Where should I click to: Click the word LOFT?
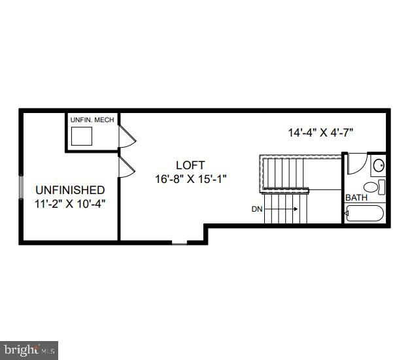pos(190,165)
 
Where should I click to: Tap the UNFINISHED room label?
pos(69,189)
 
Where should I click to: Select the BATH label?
pos(356,197)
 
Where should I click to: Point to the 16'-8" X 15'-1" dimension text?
pos(190,178)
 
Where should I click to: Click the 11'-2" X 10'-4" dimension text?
pos(69,203)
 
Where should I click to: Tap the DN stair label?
pos(258,209)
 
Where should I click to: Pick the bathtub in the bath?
pos(365,214)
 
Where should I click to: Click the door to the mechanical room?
pos(126,137)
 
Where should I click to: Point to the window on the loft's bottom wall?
pos(179,244)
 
